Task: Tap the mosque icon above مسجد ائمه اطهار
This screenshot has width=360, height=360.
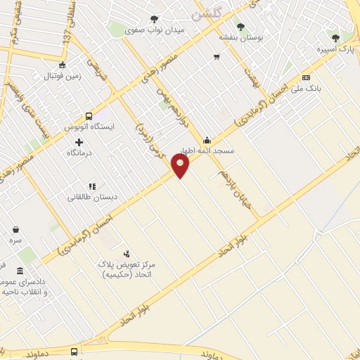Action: coord(207,139)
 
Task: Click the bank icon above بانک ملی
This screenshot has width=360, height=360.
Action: coord(306,77)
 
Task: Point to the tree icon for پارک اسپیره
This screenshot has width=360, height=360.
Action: coord(335,38)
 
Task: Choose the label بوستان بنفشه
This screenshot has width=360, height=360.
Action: coord(240,37)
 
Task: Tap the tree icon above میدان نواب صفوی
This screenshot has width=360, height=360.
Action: coord(155,19)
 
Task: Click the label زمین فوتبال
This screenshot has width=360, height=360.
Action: coord(64,75)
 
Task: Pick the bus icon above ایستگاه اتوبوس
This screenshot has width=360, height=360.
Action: coord(89,116)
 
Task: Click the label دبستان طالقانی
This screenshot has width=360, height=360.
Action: coord(91,198)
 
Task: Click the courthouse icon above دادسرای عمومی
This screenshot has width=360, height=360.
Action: coord(20,271)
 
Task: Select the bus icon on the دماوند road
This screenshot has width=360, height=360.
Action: coord(75,351)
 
